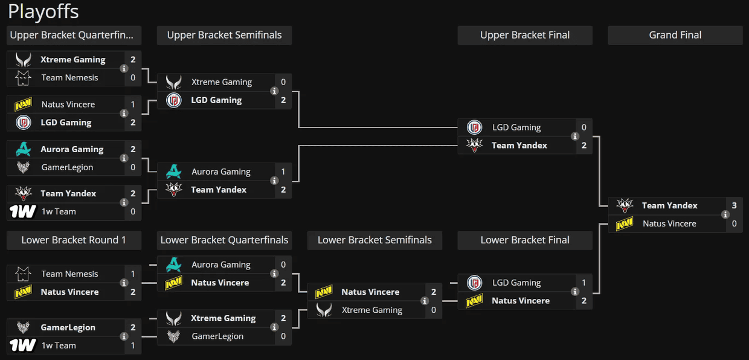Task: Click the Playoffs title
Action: pos(43,11)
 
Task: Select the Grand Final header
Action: pos(675,35)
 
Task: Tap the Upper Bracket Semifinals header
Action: pos(224,35)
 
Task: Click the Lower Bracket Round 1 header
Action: pos(74,240)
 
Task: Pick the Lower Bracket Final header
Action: pos(525,240)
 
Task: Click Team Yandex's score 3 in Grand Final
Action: pos(735,205)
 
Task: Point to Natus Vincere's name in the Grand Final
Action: pos(669,223)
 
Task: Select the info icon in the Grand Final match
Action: pos(725,214)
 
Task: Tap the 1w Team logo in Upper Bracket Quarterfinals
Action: pos(22,211)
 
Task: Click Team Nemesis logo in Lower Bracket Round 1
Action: pos(23,274)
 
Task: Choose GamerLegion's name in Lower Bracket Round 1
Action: pos(68,327)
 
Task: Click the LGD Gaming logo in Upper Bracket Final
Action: pos(474,127)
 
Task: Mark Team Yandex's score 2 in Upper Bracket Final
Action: pos(584,146)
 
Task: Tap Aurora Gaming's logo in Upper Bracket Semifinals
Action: pos(174,172)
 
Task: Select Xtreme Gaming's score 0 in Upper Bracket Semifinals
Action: pos(283,82)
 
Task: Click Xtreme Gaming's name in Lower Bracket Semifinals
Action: pos(372,310)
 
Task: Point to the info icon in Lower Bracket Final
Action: pos(575,292)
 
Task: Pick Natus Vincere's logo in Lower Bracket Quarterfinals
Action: pos(173,283)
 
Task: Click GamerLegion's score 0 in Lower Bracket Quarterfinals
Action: pos(283,336)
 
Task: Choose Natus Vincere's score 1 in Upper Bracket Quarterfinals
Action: pos(133,104)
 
